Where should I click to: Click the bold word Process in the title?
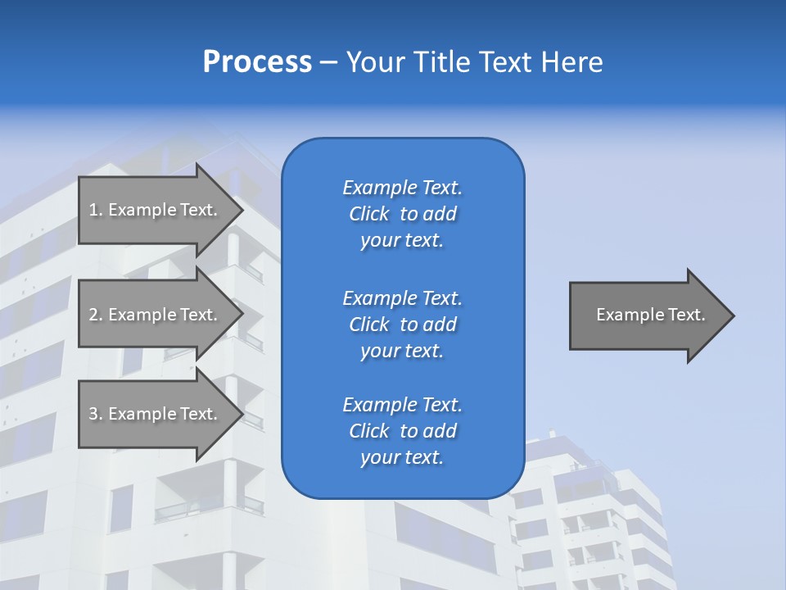(257, 62)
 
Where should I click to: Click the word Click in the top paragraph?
(368, 214)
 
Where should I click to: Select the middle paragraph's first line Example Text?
(402, 297)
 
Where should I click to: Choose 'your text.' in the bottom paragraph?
(402, 457)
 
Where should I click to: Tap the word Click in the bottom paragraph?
(368, 431)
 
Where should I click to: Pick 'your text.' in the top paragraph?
(402, 240)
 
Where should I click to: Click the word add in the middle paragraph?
(440, 324)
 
